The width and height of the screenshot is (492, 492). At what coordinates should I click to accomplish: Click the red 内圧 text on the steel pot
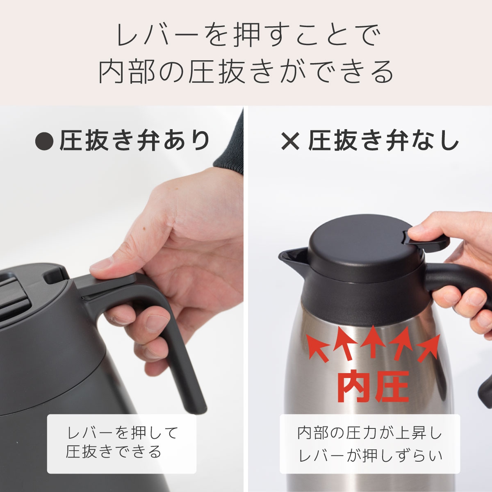tap(373, 387)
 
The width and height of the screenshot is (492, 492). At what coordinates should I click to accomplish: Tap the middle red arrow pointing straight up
tap(372, 340)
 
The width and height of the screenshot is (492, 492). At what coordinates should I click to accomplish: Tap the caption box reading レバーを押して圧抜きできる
tap(122, 443)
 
